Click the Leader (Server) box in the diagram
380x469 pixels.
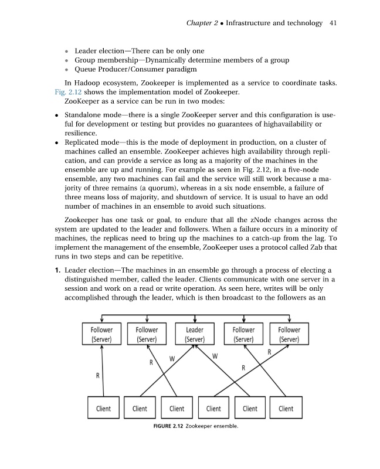(194, 334)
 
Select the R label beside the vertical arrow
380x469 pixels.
(97, 375)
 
